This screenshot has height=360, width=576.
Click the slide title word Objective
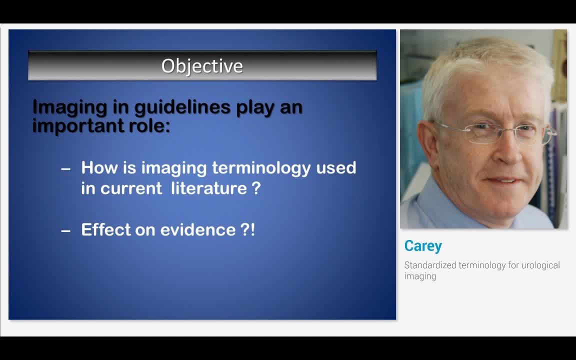pos(202,66)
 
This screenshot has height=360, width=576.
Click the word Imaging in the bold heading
pos(69,107)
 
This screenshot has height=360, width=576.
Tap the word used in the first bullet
pos(336,167)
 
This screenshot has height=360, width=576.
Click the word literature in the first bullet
pos(209,188)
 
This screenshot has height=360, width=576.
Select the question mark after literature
pos(256,188)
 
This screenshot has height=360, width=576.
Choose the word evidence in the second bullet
pos(197,229)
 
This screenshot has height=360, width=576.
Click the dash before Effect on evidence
pos(65,230)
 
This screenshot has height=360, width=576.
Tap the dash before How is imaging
pos(65,169)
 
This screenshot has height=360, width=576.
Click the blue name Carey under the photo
pos(423,246)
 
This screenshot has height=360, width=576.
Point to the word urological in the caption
pos(540,265)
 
